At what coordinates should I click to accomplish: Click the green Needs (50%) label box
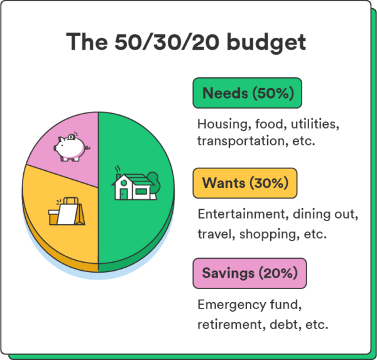tap(247, 94)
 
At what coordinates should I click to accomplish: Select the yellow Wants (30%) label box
tap(245, 183)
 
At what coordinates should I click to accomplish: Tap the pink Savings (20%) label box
tap(249, 274)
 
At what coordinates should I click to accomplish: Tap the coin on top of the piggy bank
tap(73, 136)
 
